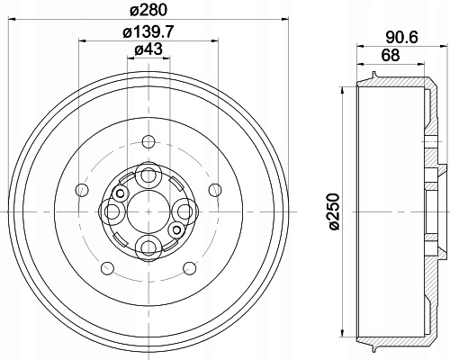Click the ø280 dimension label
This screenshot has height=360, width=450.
(x=148, y=10)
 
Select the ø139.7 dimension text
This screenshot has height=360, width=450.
(x=148, y=31)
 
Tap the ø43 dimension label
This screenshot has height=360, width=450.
(x=148, y=49)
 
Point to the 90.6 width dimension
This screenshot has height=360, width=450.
(x=401, y=38)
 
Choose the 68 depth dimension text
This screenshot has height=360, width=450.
(x=391, y=56)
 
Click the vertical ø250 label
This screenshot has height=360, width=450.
(x=335, y=211)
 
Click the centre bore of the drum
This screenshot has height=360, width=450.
(x=148, y=211)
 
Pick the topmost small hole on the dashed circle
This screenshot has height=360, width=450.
(x=148, y=141)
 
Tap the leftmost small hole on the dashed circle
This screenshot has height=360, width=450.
(x=82, y=190)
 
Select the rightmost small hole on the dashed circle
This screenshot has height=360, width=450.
(x=215, y=190)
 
